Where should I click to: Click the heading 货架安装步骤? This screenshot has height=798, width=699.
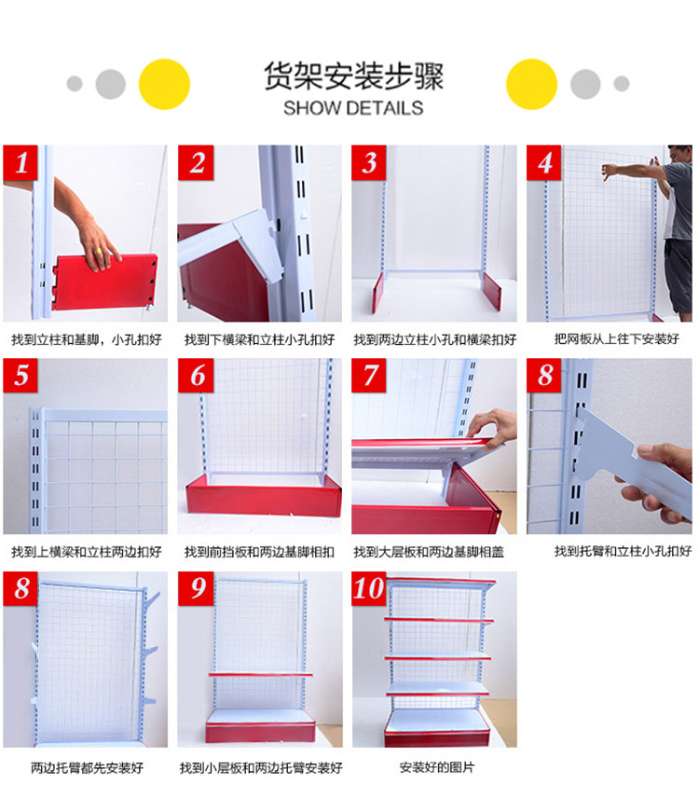click(x=353, y=76)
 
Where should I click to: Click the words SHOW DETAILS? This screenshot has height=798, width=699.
click(x=353, y=107)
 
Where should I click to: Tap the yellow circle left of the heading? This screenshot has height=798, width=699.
click(x=164, y=84)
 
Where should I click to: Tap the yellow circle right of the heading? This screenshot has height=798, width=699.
click(x=531, y=84)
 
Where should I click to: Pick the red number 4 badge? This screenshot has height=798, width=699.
click(x=545, y=164)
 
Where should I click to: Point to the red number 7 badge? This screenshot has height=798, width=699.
click(x=371, y=377)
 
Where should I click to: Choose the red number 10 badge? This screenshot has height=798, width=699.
click(x=371, y=589)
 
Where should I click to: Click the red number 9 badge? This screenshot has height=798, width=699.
click(x=197, y=589)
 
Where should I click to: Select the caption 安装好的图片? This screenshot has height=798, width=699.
click(x=436, y=767)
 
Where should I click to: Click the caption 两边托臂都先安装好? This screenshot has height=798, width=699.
click(x=88, y=768)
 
